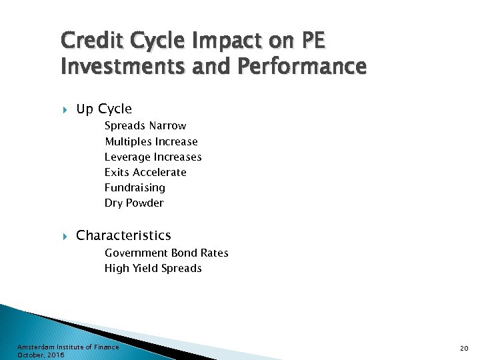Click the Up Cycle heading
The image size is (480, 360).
coord(104,109)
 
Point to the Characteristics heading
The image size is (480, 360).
coord(123,235)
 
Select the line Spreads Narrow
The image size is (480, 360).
coord(145,126)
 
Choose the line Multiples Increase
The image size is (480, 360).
coord(151,141)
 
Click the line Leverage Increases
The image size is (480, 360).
coord(153,157)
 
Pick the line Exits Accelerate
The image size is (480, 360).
coord(145,172)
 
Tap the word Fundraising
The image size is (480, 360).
coord(135,187)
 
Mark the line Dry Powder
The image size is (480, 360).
coord(134,203)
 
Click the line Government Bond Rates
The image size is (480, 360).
coord(166,253)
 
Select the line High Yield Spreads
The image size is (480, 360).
coord(153,268)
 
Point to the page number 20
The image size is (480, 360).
coord(465,349)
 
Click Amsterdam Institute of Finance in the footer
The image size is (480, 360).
coord(68,347)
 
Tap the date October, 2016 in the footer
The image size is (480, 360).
coord(41,355)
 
